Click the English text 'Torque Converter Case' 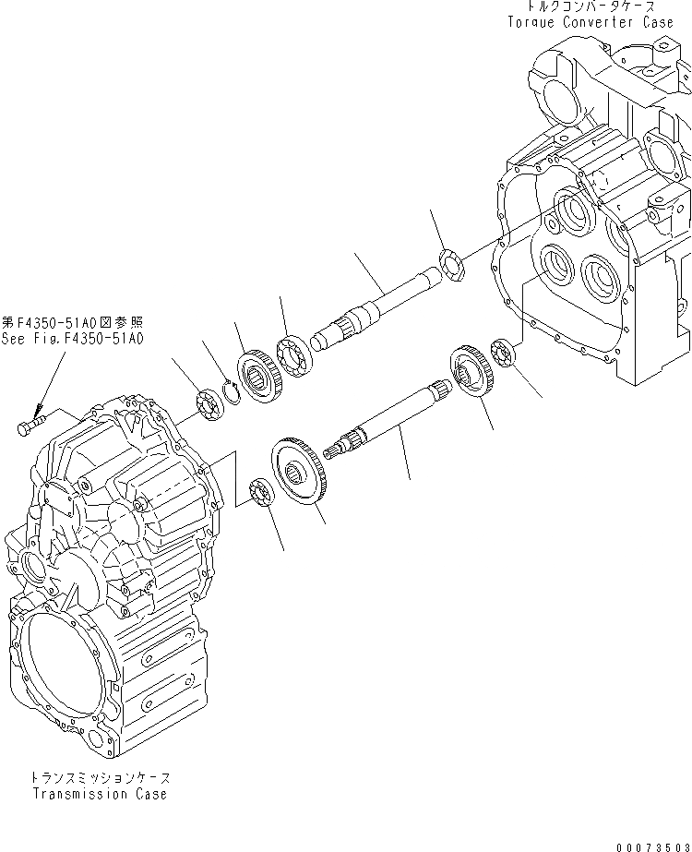click(x=597, y=22)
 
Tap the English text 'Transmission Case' click(x=100, y=794)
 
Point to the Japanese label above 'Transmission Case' click(x=100, y=779)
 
